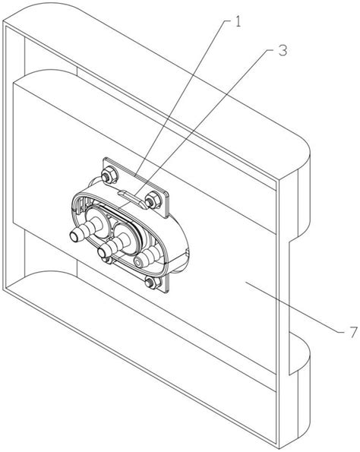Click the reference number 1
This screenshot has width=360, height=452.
237,22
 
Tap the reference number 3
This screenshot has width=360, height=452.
283,50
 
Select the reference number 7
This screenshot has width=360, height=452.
353,332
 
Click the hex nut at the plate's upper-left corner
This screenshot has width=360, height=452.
110,175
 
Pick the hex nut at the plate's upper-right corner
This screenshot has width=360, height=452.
153,200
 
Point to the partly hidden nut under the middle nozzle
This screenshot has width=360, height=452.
108,259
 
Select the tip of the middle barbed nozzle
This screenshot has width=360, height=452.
103,252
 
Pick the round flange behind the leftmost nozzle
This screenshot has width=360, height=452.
99,220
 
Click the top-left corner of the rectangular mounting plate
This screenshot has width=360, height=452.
105,158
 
